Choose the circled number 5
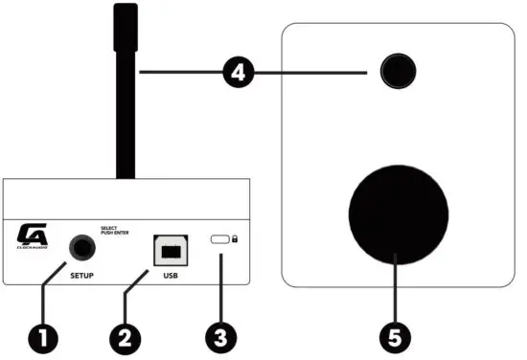coord(395,337)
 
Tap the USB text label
coord(170,277)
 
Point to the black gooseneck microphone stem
coord(126,96)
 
